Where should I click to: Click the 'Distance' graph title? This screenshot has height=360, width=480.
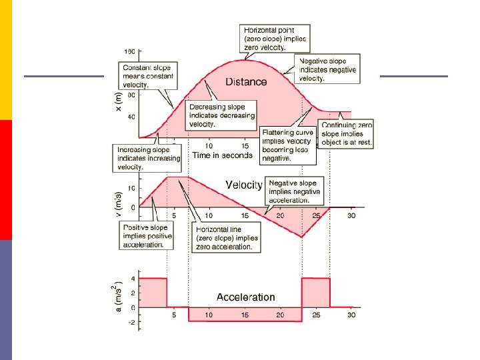coord(246,82)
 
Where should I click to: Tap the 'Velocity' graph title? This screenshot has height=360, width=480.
coord(244,185)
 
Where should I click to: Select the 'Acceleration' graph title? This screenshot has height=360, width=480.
coord(245,297)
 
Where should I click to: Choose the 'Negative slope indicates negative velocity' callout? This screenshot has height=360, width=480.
coord(328,69)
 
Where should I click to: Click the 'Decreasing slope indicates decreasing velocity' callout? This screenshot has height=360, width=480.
coord(221,115)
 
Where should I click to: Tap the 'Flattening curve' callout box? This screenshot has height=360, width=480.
coord(287,145)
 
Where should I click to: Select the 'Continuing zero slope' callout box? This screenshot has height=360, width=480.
coord(347,134)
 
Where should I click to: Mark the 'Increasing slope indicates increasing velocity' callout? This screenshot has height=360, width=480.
coord(148,158)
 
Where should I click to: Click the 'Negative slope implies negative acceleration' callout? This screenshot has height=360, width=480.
coord(294,191)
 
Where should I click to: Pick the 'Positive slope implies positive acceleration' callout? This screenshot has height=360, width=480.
coord(147,236)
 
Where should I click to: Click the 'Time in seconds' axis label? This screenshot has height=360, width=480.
coord(222,155)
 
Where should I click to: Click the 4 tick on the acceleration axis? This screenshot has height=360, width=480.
coord(133,279)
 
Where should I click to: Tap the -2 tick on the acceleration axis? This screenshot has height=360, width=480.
coord(132,322)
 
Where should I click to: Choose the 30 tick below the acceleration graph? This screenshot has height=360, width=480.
coord(351,315)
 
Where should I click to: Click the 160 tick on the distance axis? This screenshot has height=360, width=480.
coord(130,51)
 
